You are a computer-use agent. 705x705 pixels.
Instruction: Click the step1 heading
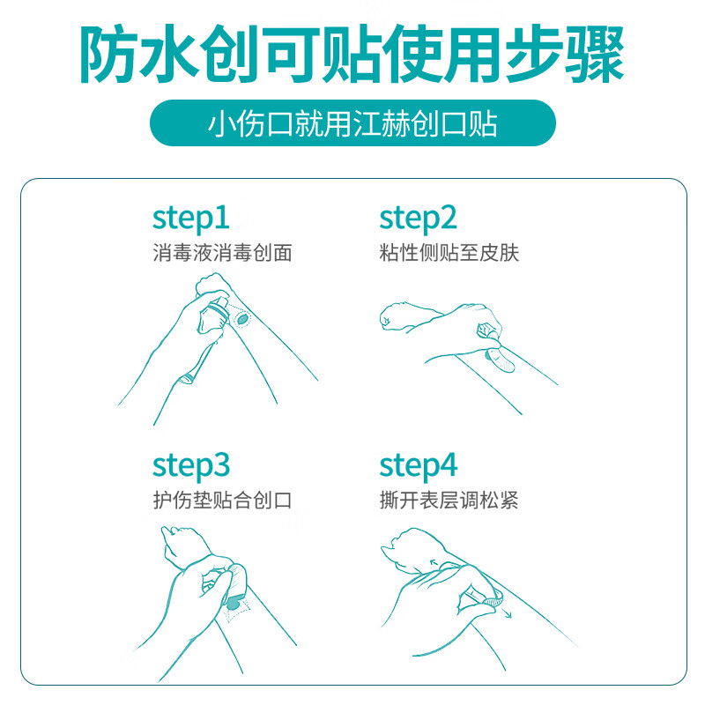point(191,219)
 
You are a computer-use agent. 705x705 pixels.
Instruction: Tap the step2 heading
point(418,219)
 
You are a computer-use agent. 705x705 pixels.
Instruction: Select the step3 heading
point(191,467)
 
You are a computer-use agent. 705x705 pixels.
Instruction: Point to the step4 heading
point(419,467)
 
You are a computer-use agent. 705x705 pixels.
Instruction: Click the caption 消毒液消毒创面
point(223,253)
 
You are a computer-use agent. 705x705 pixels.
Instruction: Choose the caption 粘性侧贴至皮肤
point(449,253)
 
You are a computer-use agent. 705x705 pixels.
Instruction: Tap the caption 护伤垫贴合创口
point(223,500)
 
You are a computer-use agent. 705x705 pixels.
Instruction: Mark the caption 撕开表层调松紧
point(449,500)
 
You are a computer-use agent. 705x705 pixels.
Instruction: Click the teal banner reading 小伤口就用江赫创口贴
point(353,123)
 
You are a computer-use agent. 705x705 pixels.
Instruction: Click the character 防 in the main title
point(109,55)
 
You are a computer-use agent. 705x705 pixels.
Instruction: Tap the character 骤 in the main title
point(594,55)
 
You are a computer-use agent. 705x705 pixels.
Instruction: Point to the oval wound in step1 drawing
point(242,320)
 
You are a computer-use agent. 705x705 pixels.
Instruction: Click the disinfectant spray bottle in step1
point(214,316)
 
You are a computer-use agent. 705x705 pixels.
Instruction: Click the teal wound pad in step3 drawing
point(234,603)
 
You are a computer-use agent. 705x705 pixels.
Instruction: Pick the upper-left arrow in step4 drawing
point(434,562)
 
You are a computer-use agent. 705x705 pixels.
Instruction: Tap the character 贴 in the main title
point(352,55)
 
